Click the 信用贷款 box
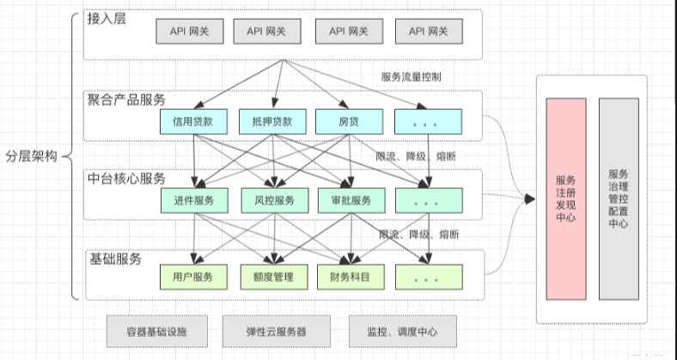point(193,121)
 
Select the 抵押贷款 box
point(272,121)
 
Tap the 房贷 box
point(349,121)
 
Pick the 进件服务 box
point(193,200)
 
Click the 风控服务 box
point(272,200)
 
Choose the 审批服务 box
point(349,200)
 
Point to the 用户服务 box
point(193,277)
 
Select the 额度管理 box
point(272,277)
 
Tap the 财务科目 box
point(349,277)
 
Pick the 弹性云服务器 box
point(278,331)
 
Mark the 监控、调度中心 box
point(399,331)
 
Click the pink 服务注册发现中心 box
point(566,199)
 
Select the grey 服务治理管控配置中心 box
point(618,199)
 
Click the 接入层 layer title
point(107,19)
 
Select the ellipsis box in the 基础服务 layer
point(427,277)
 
